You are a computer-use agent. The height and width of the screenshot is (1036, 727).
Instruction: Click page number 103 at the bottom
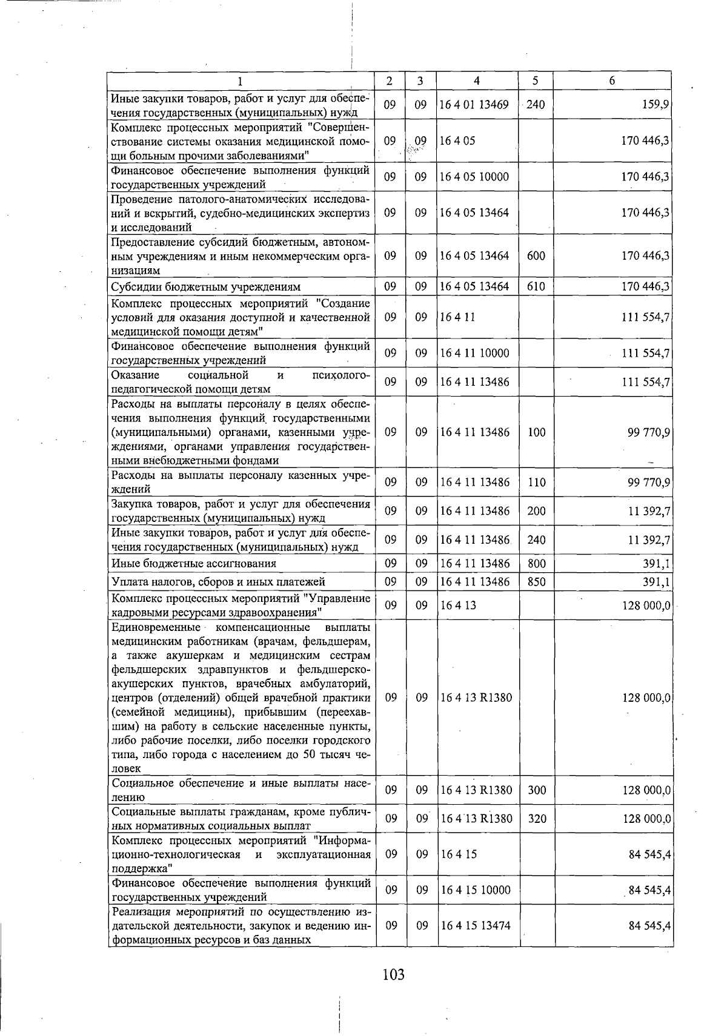coord(393,974)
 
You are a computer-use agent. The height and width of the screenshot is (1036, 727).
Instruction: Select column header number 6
coord(612,81)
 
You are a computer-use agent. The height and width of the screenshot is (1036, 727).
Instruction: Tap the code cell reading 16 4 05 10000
coord(474,177)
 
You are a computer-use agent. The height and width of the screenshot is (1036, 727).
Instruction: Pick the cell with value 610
coord(536,286)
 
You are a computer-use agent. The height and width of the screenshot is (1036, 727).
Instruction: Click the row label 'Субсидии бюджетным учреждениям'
coord(206,286)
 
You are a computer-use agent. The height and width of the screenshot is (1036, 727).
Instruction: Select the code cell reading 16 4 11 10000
coord(474,353)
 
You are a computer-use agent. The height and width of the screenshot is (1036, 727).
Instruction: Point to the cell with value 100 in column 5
coord(536,432)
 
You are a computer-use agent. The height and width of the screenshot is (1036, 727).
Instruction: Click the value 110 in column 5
coord(536,482)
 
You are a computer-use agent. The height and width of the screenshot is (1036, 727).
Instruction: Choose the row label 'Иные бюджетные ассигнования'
coord(194,564)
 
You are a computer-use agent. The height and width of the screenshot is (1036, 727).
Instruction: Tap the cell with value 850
coord(536,582)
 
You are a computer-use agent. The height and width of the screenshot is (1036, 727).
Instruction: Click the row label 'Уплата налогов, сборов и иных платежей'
coord(218,582)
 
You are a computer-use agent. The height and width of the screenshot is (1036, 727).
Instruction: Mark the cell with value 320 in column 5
coord(537,819)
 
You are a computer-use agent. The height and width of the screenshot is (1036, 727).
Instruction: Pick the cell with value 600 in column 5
coord(536,256)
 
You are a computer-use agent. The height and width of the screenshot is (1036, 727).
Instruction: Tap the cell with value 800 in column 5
coord(536,564)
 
